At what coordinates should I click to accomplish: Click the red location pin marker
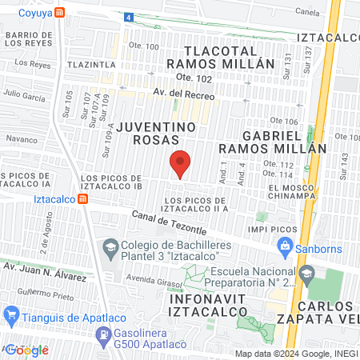(180, 164)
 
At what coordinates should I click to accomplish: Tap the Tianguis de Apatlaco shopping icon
(10, 318)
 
